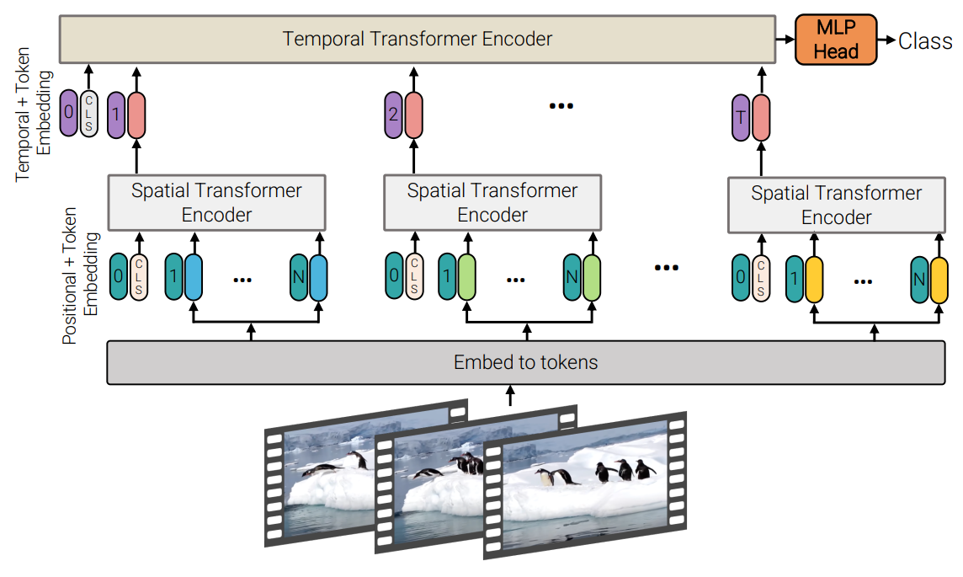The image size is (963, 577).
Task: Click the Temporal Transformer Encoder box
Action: [x=418, y=39]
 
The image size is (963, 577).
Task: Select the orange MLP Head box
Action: [x=836, y=40]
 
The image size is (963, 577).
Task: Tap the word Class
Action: [x=925, y=40]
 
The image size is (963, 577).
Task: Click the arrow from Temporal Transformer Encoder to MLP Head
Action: [x=785, y=40]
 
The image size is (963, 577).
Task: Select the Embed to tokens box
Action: [x=525, y=362]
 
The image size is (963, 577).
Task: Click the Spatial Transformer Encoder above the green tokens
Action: [x=492, y=202]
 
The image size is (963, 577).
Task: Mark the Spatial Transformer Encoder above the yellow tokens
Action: [x=836, y=205]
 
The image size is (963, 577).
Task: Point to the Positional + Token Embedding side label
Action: [x=81, y=275]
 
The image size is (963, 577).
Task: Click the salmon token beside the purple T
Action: [x=761, y=116]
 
